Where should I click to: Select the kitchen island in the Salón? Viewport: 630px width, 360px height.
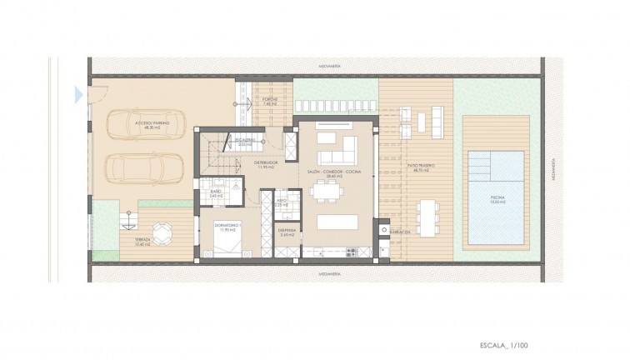(x=337, y=222)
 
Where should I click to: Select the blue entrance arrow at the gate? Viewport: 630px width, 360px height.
(x=78, y=94)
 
